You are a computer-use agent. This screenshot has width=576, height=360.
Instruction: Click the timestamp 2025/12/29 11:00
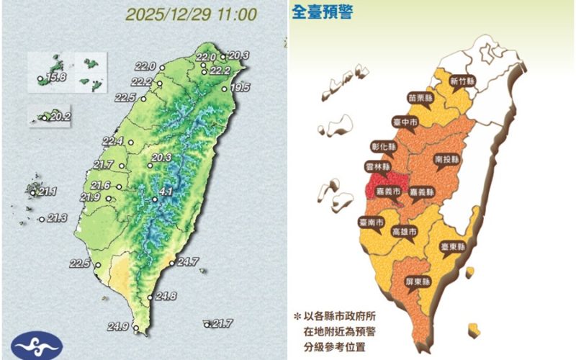[190, 14]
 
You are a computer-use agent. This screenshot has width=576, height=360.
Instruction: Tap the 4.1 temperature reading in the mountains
[166, 192]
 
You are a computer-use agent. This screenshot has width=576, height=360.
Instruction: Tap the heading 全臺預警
[322, 12]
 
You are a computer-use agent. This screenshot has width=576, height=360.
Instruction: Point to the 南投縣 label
[449, 158]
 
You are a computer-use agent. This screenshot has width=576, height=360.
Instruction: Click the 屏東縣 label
[418, 281]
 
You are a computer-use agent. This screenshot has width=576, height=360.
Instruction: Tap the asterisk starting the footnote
[296, 316]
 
